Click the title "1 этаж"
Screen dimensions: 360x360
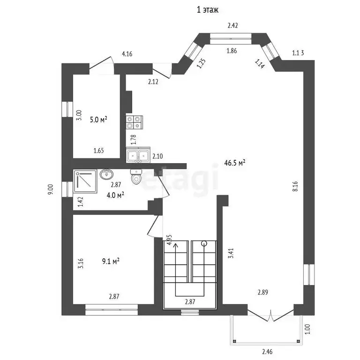coord(208,10)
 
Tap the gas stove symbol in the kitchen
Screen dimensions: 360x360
coord(135,122)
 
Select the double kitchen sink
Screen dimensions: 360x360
coord(138,155)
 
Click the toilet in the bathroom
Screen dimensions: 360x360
coord(136,177)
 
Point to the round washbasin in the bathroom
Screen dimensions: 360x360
coord(107,174)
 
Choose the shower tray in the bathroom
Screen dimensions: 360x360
coord(85,181)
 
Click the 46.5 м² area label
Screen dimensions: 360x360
coord(235,163)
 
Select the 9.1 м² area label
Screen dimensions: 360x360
coord(111,261)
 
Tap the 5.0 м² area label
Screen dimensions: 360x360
coord(98,120)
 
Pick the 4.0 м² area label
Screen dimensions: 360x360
coord(115,195)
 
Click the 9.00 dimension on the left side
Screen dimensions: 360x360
coord(51,189)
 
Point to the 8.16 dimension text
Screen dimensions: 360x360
coord(295,186)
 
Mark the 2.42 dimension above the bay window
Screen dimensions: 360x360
coord(232,25)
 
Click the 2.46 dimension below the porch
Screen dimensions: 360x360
coord(268,352)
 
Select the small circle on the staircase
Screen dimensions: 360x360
coord(204,243)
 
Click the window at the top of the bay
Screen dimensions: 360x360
coord(231,38)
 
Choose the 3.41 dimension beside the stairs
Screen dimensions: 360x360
coord(231,253)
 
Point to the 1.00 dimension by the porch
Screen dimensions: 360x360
coord(307,329)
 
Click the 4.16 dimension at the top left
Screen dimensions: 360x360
coord(127,54)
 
